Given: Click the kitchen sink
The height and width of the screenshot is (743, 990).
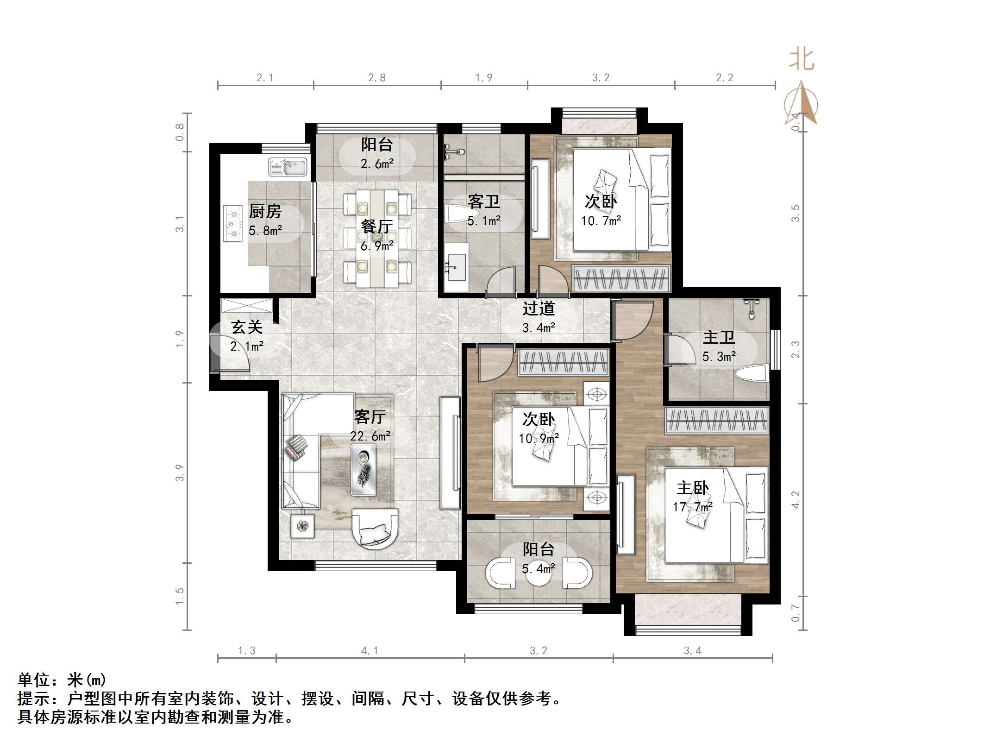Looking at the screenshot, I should pos(288,167).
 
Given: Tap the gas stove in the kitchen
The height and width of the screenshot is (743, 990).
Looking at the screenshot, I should pos(233,224).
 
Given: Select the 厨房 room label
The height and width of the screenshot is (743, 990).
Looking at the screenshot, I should pos(265,212).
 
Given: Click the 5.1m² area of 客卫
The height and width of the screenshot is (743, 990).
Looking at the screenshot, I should pos(484,221).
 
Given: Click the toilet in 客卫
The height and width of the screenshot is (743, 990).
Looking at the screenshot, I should pos(456,214).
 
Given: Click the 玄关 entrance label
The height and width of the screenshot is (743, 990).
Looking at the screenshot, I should pos(247,327).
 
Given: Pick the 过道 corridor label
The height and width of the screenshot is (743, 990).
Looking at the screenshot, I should pos(539,309).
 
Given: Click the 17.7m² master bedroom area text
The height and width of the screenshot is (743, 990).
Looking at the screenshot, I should pos(693,507).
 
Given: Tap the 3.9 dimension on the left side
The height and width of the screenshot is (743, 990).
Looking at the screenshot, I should pos(180,473).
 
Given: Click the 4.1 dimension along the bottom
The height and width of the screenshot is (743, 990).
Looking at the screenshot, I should pos(370,651).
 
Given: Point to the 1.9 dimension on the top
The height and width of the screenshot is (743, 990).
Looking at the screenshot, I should pos(484,78).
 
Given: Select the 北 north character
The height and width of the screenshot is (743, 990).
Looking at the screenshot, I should pos(802,60).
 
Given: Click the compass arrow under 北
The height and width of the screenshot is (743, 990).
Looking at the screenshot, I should pos(801,104).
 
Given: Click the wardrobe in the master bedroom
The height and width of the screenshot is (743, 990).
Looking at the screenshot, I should pos(717,421).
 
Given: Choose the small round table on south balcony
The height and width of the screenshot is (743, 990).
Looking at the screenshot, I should pos(539,574).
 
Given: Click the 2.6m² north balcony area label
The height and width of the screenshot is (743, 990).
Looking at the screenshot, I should pos(377,164).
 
